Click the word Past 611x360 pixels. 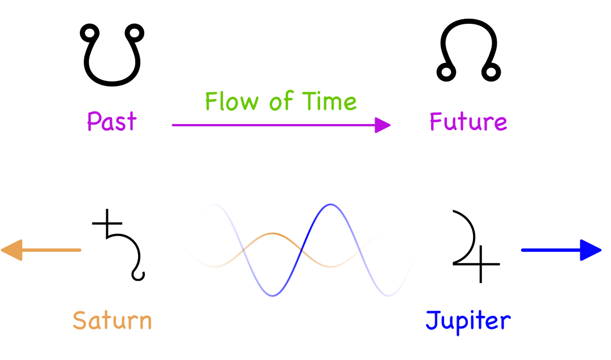(111, 122)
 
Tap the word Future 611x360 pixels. (468, 122)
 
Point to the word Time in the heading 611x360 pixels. (330, 102)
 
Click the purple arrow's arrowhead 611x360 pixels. (384, 125)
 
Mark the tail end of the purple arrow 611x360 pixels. (174, 125)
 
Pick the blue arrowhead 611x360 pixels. (591, 250)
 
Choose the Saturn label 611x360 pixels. (112, 320)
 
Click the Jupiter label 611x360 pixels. (468, 321)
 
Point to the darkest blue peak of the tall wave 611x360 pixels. (331, 204)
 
